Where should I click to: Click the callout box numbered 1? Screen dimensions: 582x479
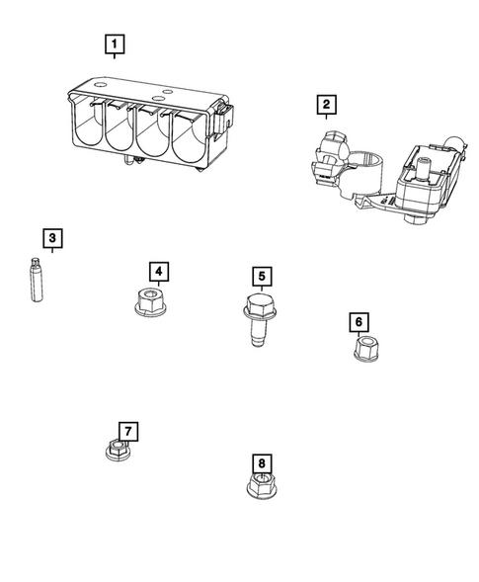[x=116, y=44]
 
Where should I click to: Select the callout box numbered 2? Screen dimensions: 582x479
[x=325, y=104]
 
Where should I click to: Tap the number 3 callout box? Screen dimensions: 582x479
[x=52, y=238]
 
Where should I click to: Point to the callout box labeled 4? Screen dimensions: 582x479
[x=157, y=270]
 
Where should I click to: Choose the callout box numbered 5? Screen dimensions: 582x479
[x=261, y=277]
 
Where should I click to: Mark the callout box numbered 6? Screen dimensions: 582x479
[x=359, y=322]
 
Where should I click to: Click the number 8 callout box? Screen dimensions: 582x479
[x=261, y=462]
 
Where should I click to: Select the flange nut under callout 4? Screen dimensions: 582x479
[x=149, y=300]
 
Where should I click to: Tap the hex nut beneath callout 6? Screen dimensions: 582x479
[x=367, y=349]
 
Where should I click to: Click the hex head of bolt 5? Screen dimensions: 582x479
[x=258, y=303]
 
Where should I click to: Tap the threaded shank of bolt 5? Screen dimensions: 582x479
[x=258, y=331]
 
